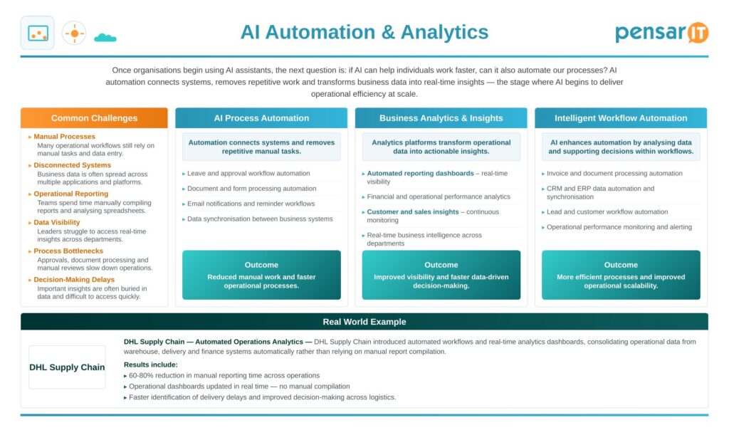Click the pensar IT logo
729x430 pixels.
[661, 33]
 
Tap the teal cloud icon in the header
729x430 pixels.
[105, 38]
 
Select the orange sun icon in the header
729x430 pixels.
[74, 33]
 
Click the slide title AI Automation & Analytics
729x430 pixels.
[364, 32]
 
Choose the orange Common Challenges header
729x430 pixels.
[94, 118]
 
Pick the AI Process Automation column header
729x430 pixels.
[261, 118]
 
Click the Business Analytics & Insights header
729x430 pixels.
[441, 118]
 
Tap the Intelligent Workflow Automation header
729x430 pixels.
[621, 118]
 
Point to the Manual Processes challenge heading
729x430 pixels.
[64, 137]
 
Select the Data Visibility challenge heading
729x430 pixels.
[57, 222]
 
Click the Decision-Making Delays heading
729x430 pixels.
[74, 279]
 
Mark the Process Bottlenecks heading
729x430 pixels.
[68, 251]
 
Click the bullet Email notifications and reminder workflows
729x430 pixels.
[251, 204]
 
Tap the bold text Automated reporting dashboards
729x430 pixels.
[420, 174]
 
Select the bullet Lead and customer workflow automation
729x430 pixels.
[607, 212]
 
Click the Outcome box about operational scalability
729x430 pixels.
[621, 275]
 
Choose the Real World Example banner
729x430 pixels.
[364, 322]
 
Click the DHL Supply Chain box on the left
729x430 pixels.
[67, 367]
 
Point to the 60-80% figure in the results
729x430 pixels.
[141, 376]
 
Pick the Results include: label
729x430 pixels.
[151, 365]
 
